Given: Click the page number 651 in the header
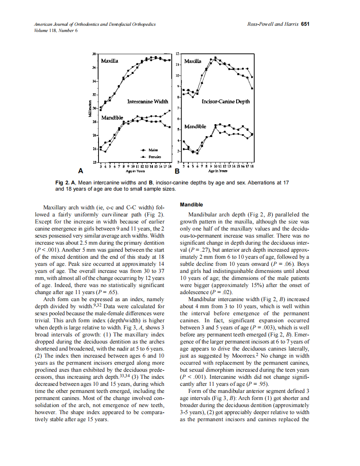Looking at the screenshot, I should pyautogui.click(x=306, y=25).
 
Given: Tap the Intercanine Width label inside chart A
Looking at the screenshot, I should pyautogui.click(x=147, y=101).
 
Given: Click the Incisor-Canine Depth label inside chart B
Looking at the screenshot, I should pyautogui.click(x=225, y=101).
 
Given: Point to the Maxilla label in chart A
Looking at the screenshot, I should pyautogui.click(x=110, y=61).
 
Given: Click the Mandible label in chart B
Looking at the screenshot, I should pyautogui.click(x=195, y=126).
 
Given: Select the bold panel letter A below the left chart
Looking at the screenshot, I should pyautogui.click(x=80, y=171).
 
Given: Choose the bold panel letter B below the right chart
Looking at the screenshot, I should pyautogui.click(x=177, y=171).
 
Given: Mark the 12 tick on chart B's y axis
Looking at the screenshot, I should pyautogui.click(x=178, y=54).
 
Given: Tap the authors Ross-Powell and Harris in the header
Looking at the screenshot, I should pyautogui.click(x=272, y=25).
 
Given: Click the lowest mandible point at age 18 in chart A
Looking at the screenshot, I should pyautogui.click(x=170, y=127).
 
